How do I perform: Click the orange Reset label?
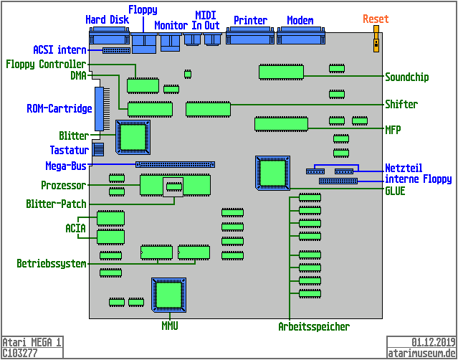click(x=375, y=19)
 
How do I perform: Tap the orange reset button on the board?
click(x=375, y=42)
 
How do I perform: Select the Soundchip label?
click(x=406, y=77)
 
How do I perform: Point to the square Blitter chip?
click(x=133, y=136)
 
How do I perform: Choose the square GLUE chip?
click(x=272, y=173)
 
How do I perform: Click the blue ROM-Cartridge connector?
click(x=99, y=108)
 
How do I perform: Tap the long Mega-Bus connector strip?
click(x=175, y=165)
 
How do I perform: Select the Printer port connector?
click(x=250, y=38)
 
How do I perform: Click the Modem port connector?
click(x=300, y=38)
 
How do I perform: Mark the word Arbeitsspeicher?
click(x=314, y=327)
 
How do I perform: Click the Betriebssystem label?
click(x=51, y=264)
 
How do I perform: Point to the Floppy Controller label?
click(x=46, y=65)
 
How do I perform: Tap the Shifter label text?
click(x=401, y=105)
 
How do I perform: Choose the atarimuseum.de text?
click(x=421, y=353)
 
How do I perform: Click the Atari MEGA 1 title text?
click(x=32, y=342)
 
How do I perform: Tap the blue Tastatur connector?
click(x=99, y=149)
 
